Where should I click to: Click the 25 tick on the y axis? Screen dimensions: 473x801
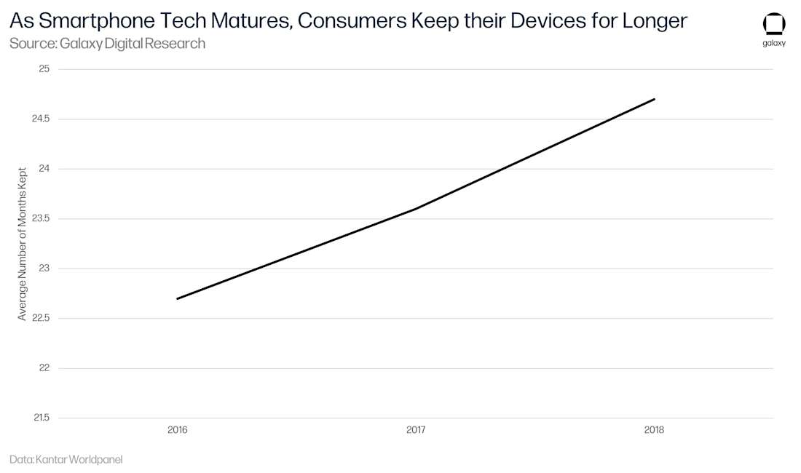(43, 69)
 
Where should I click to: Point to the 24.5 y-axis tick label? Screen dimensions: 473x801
(40, 119)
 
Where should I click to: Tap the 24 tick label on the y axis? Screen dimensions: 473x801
(43, 169)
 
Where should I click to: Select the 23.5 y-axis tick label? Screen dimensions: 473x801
(40, 218)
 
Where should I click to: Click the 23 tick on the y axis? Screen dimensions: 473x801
(43, 269)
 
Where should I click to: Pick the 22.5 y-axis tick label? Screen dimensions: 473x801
(40, 318)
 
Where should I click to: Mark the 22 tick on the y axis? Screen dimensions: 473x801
(43, 368)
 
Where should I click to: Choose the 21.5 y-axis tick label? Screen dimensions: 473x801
(40, 418)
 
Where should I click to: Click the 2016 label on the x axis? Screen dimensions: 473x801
(178, 430)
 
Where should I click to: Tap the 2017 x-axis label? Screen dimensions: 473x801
(416, 430)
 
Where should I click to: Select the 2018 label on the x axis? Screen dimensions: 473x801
(654, 430)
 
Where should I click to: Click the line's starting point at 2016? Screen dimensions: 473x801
(178, 298)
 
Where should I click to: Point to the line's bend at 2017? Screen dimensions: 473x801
(416, 209)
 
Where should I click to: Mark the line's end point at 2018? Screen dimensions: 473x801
(654, 99)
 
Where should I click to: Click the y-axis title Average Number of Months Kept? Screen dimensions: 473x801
(23, 243)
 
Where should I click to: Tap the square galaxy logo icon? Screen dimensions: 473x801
(774, 24)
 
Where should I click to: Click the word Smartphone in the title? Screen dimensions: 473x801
(96, 21)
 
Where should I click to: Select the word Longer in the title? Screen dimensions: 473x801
(655, 21)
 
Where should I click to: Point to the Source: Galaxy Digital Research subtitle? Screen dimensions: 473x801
(107, 44)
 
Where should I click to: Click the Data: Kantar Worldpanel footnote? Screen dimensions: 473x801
(66, 460)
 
